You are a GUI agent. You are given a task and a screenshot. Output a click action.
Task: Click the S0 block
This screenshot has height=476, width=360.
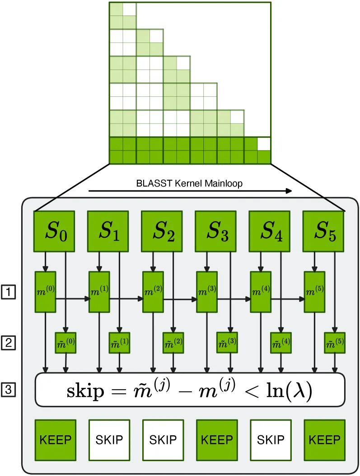point(54,231)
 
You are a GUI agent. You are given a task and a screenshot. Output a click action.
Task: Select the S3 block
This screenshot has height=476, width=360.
point(215,231)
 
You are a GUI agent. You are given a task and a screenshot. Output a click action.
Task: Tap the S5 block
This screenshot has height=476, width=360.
point(323,231)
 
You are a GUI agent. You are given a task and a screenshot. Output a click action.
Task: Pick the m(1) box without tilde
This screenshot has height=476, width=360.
point(99,292)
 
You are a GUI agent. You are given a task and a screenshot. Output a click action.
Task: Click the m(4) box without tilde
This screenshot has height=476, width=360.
point(261,292)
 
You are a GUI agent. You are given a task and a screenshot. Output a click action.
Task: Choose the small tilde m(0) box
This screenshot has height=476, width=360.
point(65,343)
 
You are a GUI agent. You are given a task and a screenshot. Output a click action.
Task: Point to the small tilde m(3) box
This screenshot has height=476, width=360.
point(227,343)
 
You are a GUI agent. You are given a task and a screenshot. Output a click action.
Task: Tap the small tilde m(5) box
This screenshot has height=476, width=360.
point(335,343)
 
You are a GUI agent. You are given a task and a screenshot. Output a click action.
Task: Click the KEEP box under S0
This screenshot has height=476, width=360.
point(55,440)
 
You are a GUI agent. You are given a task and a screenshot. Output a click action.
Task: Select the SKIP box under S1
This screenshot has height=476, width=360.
point(109,440)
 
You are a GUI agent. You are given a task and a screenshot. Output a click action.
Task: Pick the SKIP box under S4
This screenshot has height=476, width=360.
point(271,440)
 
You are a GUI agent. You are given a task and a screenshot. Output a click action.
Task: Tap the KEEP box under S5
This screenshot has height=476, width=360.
point(324,440)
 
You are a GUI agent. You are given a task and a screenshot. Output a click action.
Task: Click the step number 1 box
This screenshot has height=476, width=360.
point(8,292)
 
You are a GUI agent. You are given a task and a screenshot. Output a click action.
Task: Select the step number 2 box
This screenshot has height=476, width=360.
point(8,343)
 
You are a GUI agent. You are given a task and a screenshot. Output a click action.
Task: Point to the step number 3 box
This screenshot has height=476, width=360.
point(8,390)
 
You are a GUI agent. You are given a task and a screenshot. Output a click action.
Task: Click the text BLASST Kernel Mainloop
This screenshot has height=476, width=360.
point(189,184)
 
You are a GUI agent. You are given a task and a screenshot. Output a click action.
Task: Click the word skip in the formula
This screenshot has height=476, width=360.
point(85,391)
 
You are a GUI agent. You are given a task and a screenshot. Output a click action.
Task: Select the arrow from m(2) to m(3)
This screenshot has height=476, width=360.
point(180,299)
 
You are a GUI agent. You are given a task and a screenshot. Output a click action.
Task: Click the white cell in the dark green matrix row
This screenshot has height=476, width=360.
point(264,144)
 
